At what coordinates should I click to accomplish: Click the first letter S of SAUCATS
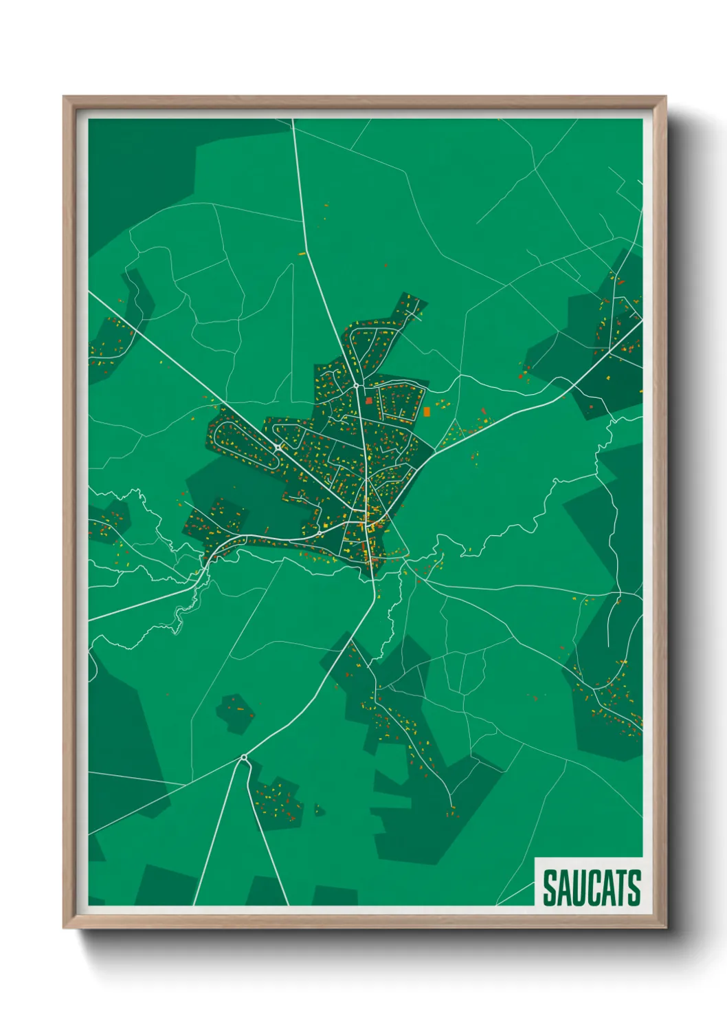point(550,888)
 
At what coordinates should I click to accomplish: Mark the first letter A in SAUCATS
point(563,888)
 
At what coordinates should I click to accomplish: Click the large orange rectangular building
point(427,411)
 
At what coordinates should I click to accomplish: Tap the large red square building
point(368,400)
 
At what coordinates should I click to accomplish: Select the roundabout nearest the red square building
point(357,387)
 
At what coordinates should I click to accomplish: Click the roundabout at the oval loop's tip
point(277,448)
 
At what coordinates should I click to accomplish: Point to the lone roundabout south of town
point(244,757)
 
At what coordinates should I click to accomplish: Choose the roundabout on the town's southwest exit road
point(320,532)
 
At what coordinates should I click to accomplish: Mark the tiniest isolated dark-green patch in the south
point(319,810)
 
